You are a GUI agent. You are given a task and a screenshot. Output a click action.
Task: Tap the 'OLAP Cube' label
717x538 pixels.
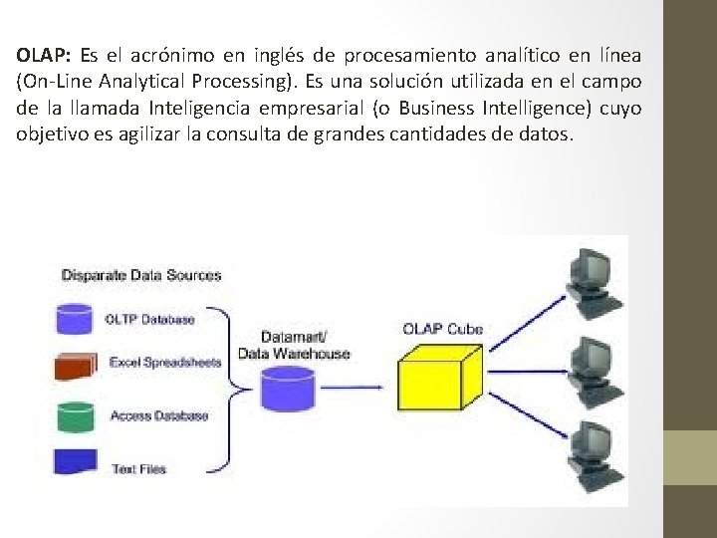tap(443, 328)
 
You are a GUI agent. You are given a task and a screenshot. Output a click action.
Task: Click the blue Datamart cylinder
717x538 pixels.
tap(288, 389)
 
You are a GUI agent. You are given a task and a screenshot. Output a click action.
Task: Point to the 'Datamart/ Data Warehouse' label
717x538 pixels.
tap(294, 345)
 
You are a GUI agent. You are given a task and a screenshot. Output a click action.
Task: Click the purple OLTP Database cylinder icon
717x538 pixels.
tap(76, 320)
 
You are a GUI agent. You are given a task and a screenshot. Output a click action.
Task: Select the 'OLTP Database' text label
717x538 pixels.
tap(149, 320)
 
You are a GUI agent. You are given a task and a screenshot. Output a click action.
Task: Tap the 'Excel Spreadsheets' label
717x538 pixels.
tap(165, 363)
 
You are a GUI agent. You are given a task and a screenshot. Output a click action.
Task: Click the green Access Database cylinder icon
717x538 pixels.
tap(76, 416)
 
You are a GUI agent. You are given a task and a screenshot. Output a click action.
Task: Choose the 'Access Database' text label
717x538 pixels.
tap(159, 415)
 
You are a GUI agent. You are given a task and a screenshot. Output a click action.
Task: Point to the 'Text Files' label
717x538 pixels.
tap(138, 468)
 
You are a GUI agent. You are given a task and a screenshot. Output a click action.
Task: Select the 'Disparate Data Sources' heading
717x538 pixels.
tap(141, 275)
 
